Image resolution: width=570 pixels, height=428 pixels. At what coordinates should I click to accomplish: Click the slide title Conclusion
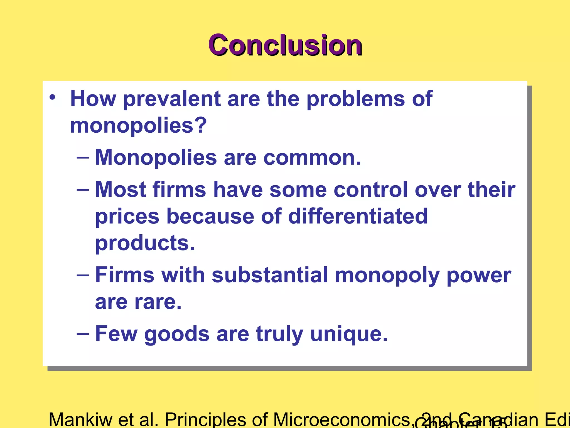point(285,45)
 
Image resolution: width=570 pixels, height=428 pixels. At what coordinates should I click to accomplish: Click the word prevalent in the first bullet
point(172,99)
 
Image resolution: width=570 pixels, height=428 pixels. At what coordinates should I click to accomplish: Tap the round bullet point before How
point(52,97)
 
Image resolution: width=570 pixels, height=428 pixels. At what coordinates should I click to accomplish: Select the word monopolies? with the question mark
point(138,126)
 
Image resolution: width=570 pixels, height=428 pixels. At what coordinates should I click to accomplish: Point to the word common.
point(312,158)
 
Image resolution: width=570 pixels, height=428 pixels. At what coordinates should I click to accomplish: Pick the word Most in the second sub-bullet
point(121,190)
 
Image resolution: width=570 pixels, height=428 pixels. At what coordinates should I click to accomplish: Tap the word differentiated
point(358,217)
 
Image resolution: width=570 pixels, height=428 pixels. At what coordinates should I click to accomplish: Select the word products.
point(145,243)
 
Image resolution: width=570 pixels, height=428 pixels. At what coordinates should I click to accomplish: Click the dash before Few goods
point(83,334)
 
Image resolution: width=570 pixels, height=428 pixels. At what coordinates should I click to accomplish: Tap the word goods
point(177,334)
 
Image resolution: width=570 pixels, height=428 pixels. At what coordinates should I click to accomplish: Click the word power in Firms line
point(479,275)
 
